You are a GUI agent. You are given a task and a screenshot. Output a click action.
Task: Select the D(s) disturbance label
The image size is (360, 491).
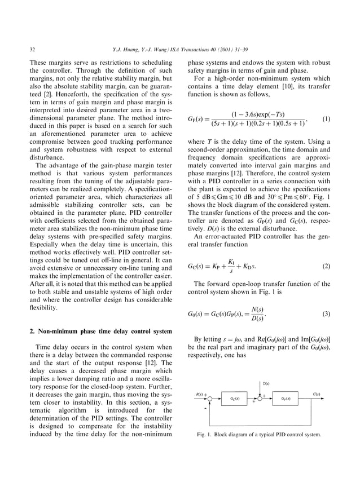click(266, 383)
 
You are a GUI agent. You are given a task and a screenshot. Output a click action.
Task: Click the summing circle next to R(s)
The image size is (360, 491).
click(209, 399)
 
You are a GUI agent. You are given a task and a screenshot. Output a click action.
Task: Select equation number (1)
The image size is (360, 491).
click(324, 119)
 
